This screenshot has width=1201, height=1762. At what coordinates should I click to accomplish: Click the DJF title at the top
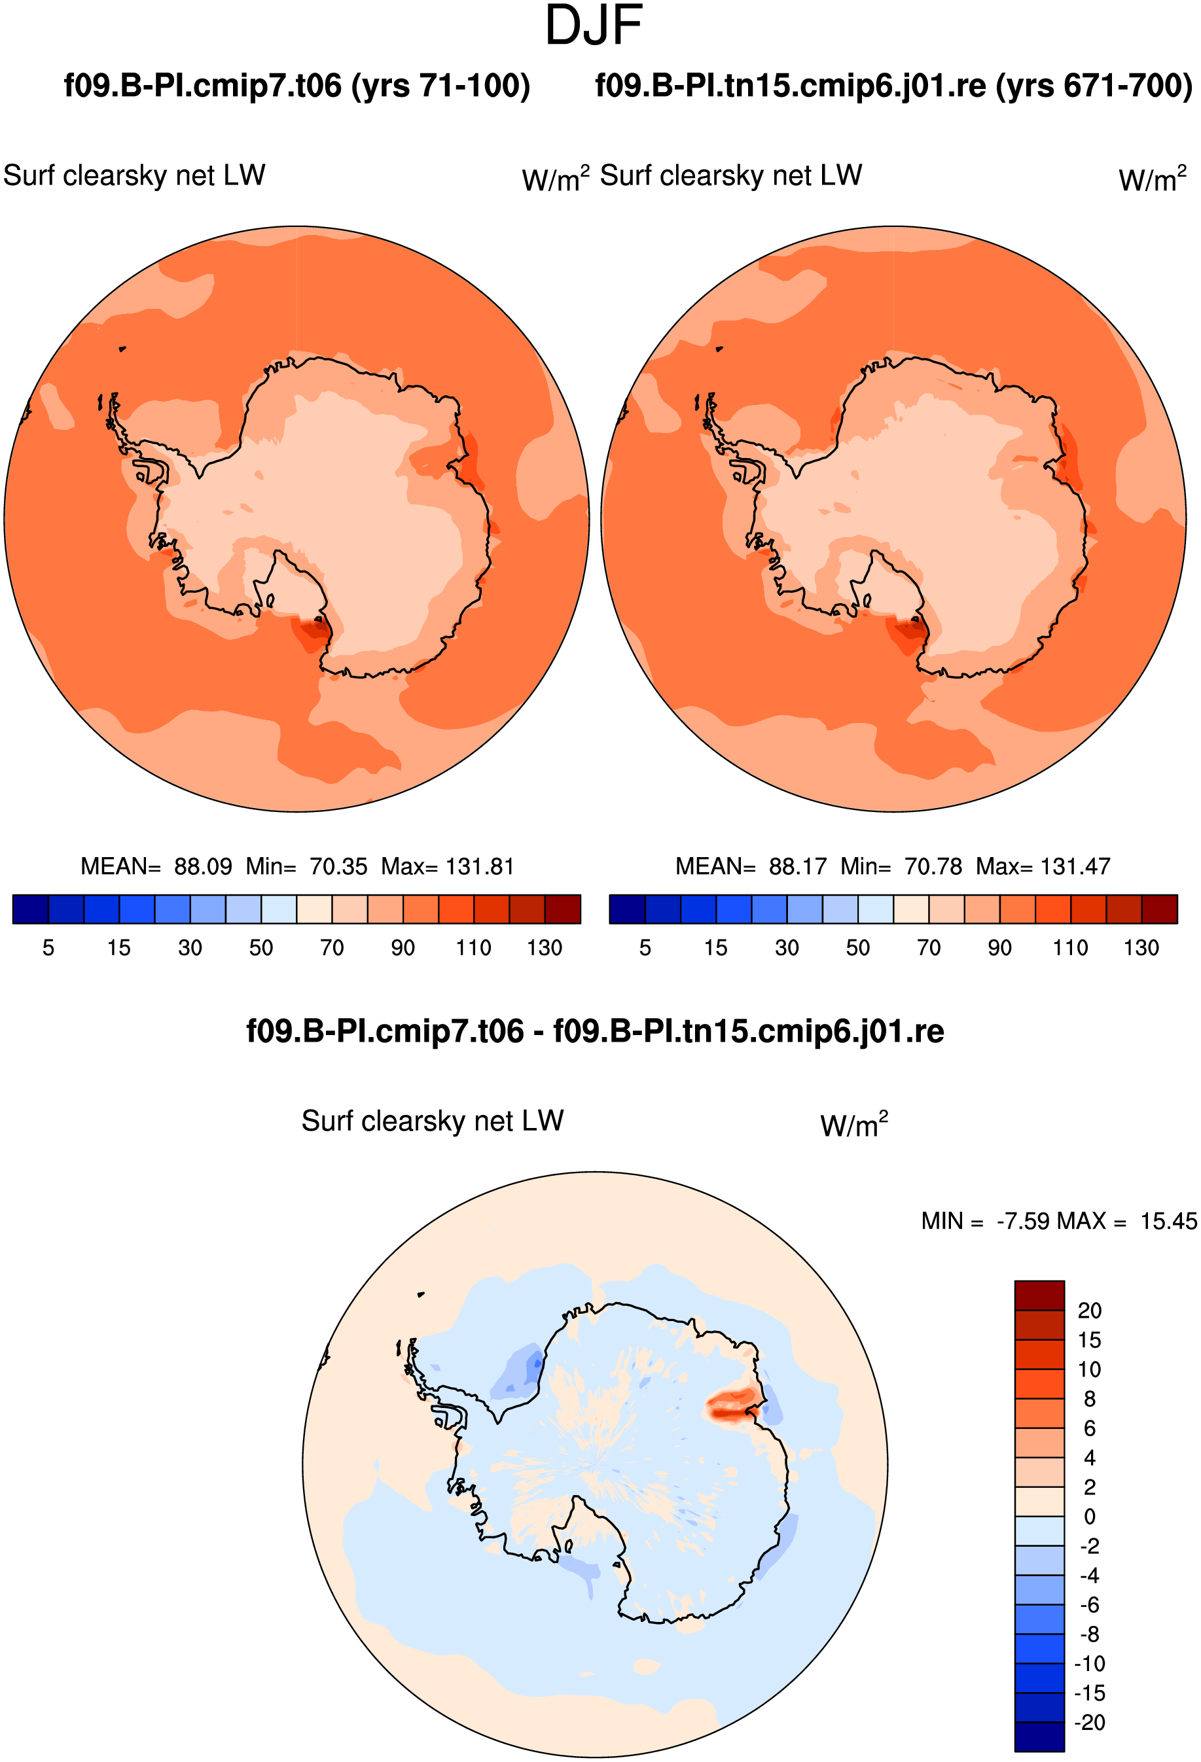click(594, 26)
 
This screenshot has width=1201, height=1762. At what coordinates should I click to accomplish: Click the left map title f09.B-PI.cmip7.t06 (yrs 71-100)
click(297, 86)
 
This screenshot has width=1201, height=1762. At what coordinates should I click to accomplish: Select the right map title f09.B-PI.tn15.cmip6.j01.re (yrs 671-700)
click(894, 86)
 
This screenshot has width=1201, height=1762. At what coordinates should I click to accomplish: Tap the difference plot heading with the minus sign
click(595, 1032)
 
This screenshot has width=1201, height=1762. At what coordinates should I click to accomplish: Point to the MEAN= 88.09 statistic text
click(156, 866)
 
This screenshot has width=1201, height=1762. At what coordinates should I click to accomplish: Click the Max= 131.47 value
click(1043, 866)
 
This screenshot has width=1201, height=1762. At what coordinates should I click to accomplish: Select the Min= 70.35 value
click(306, 866)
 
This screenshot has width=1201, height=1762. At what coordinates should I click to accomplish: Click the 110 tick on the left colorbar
click(473, 947)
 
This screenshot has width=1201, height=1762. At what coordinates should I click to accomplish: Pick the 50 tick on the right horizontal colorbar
click(857, 947)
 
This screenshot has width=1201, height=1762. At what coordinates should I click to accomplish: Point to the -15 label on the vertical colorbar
click(1090, 1693)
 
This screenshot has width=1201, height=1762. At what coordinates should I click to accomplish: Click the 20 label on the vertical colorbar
click(1090, 1310)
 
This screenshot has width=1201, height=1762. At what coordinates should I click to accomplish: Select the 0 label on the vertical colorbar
click(1090, 1517)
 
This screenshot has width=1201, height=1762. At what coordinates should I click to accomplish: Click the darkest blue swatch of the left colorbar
click(30, 909)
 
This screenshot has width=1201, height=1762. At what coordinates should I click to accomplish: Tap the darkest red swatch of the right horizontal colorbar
click(1159, 909)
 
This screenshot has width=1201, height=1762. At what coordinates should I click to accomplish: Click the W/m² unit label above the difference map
click(853, 1124)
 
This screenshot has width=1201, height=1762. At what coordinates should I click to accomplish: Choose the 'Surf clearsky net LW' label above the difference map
click(432, 1121)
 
